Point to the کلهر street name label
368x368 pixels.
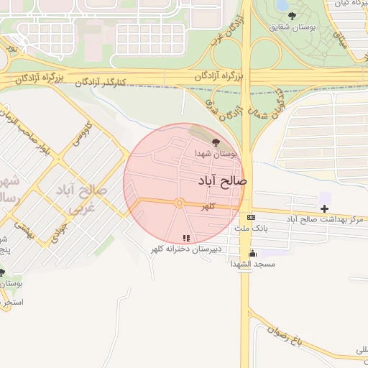pyautogui.click(x=208, y=207)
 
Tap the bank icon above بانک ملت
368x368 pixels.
pyautogui.click(x=250, y=217)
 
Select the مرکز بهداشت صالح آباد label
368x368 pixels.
pyautogui.click(x=323, y=218)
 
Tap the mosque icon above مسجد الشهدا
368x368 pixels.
pyautogui.click(x=252, y=253)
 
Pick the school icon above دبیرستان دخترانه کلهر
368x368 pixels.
pyautogui.click(x=186, y=238)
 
